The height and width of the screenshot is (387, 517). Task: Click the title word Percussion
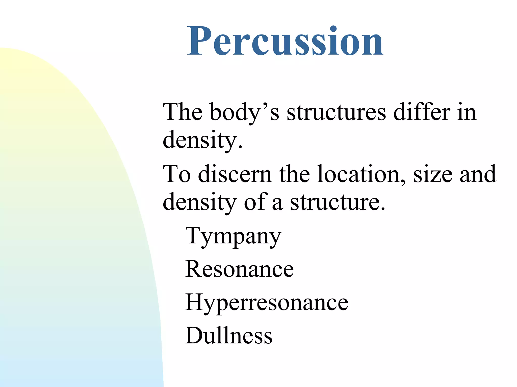tap(285, 41)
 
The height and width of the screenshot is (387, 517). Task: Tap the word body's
tap(244, 112)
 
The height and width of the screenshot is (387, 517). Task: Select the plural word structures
tap(336, 112)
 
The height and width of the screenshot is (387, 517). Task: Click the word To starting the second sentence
tap(177, 174)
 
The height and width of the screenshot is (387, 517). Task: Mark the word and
tap(478, 174)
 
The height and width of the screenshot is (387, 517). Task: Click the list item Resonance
tap(239, 269)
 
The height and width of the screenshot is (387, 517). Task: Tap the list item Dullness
tap(229, 336)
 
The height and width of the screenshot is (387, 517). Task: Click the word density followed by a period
tap(200, 140)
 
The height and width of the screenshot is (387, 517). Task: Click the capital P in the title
tap(199, 41)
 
